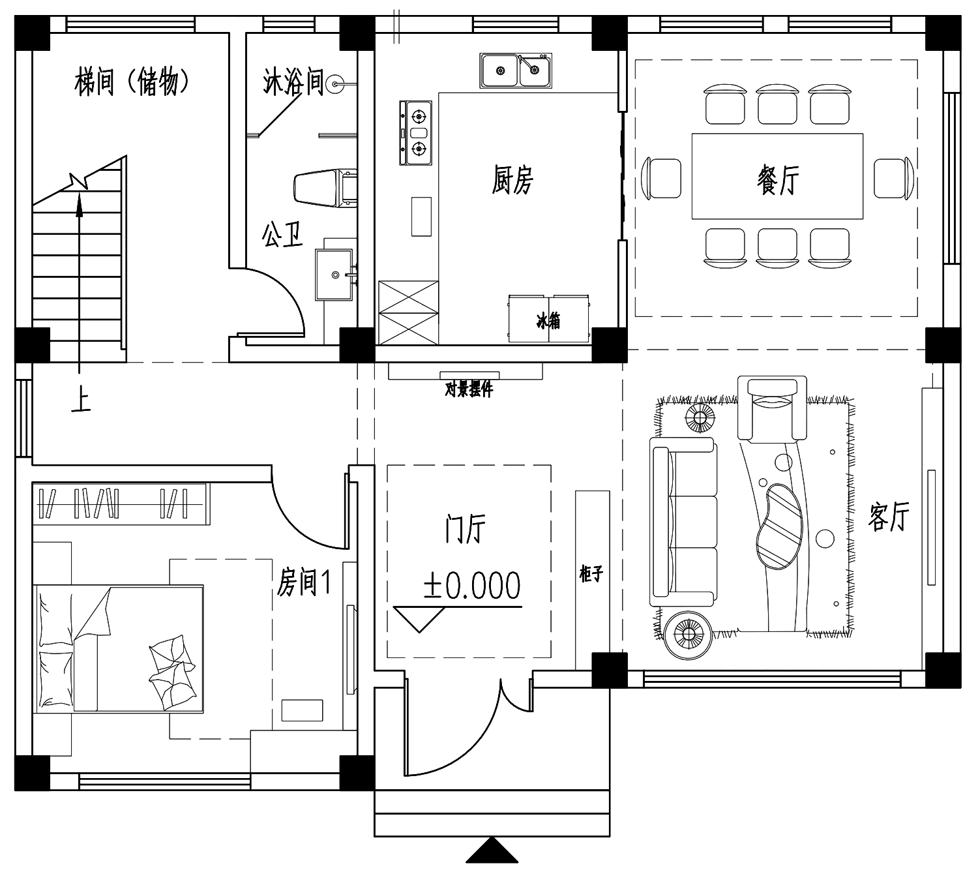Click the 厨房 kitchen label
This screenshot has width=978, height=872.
[x=512, y=179]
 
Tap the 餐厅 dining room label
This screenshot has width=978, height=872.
[x=778, y=179]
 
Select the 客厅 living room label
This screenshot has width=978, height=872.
[x=888, y=516]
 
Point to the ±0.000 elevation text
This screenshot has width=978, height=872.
[x=472, y=585]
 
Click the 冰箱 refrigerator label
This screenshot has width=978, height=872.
[x=548, y=321]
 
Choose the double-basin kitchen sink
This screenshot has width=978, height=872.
[x=516, y=70]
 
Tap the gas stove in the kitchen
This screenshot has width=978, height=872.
[x=415, y=133]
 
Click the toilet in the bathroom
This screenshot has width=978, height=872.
[x=325, y=187]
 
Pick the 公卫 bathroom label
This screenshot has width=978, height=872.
[x=282, y=235]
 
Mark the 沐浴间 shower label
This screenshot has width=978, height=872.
[x=293, y=82]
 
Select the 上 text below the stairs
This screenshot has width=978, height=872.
[x=81, y=401]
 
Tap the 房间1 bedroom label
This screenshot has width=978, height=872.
[x=304, y=582]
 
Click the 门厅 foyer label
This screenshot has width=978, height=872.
[x=466, y=528]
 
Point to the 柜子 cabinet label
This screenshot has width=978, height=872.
[x=591, y=574]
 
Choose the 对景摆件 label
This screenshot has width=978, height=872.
[x=469, y=389]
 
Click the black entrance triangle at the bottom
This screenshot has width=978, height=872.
[x=492, y=850]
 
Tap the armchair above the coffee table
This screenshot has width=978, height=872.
[x=773, y=408]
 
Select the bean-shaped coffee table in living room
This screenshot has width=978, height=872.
[x=778, y=527]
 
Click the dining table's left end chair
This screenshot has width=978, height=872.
[x=661, y=178]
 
